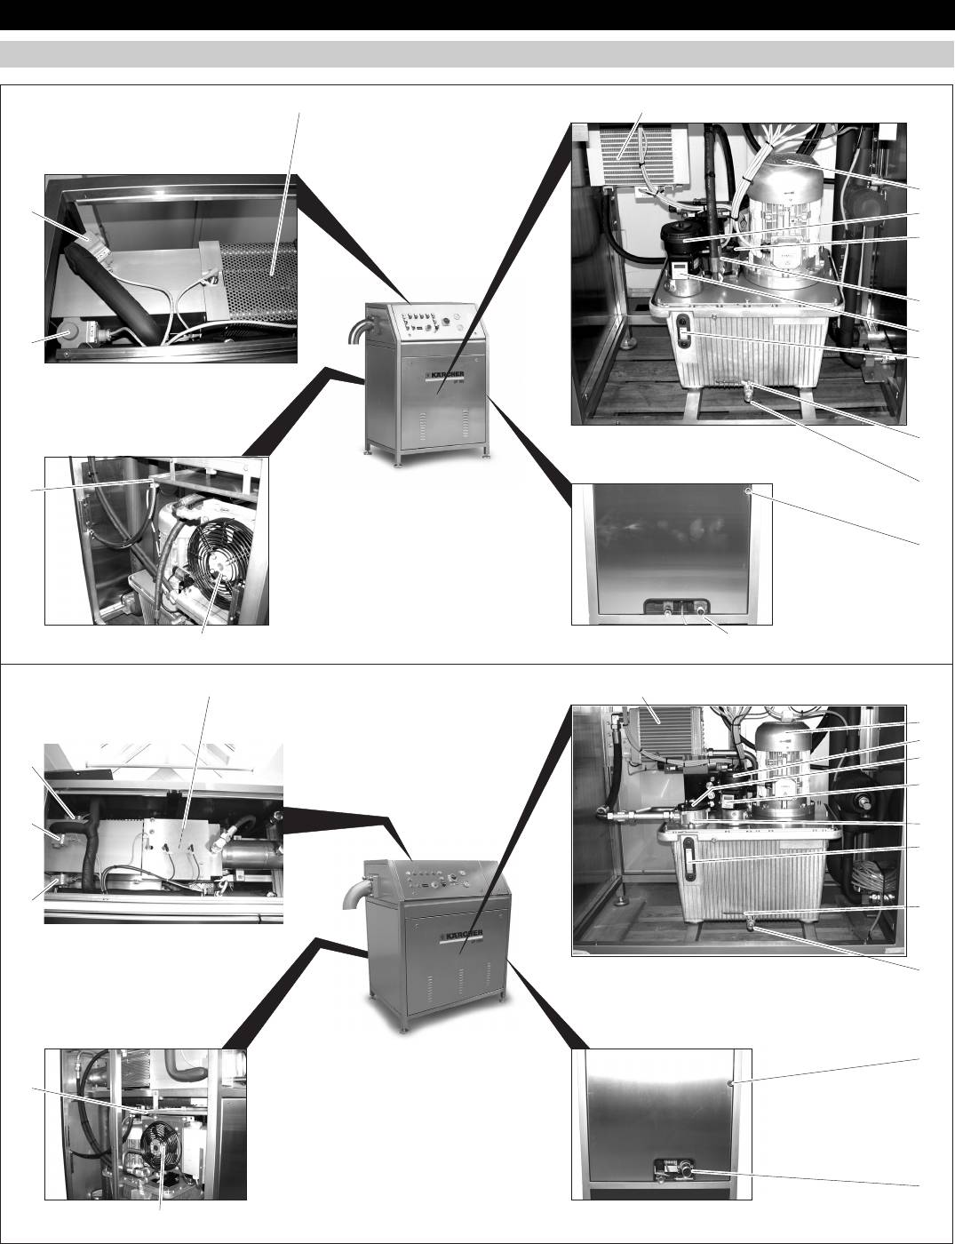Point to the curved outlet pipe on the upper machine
click(356, 335)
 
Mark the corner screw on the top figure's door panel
click(749, 490)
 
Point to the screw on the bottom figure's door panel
click(730, 1084)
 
